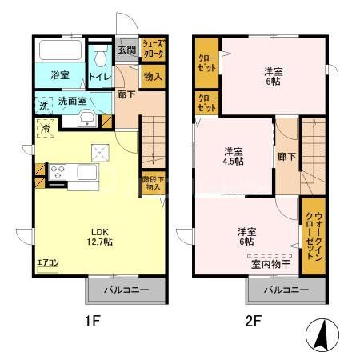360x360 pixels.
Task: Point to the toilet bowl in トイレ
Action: click(101, 58)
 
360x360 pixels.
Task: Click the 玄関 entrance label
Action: click(127, 50)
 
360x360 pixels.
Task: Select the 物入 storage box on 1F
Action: click(153, 77)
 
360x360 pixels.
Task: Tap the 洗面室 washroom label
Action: click(70, 102)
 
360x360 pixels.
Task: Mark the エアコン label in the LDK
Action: click(47, 260)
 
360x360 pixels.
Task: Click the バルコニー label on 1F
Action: click(125, 288)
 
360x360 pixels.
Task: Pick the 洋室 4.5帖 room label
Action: click(234, 156)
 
